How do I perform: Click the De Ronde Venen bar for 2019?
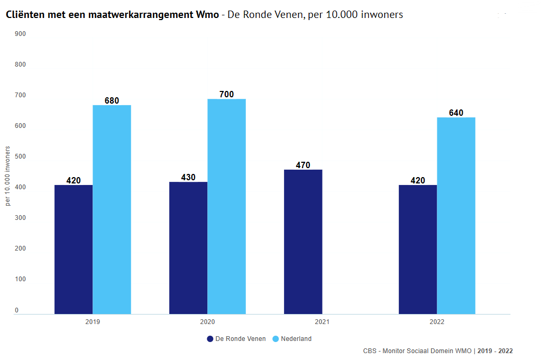tap(74, 249)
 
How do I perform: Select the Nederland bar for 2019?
tap(112, 209)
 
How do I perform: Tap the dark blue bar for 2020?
tap(188, 247)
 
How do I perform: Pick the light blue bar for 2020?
tap(226, 206)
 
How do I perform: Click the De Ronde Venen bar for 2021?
tap(303, 242)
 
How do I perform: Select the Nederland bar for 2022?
tap(456, 216)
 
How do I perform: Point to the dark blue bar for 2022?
tap(418, 249)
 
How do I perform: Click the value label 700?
tap(226, 95)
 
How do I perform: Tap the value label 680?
tap(112, 100)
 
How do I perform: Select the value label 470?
tap(303, 165)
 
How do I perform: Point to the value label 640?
tap(456, 113)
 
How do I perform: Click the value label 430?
tap(188, 177)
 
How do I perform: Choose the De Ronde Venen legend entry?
tap(236, 339)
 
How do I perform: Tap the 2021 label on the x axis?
tap(322, 322)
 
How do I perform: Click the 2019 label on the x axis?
tap(93, 322)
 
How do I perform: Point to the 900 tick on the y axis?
tap(21, 34)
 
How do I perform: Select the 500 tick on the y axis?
tap(21, 156)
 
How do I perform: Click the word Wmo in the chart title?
tap(207, 15)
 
